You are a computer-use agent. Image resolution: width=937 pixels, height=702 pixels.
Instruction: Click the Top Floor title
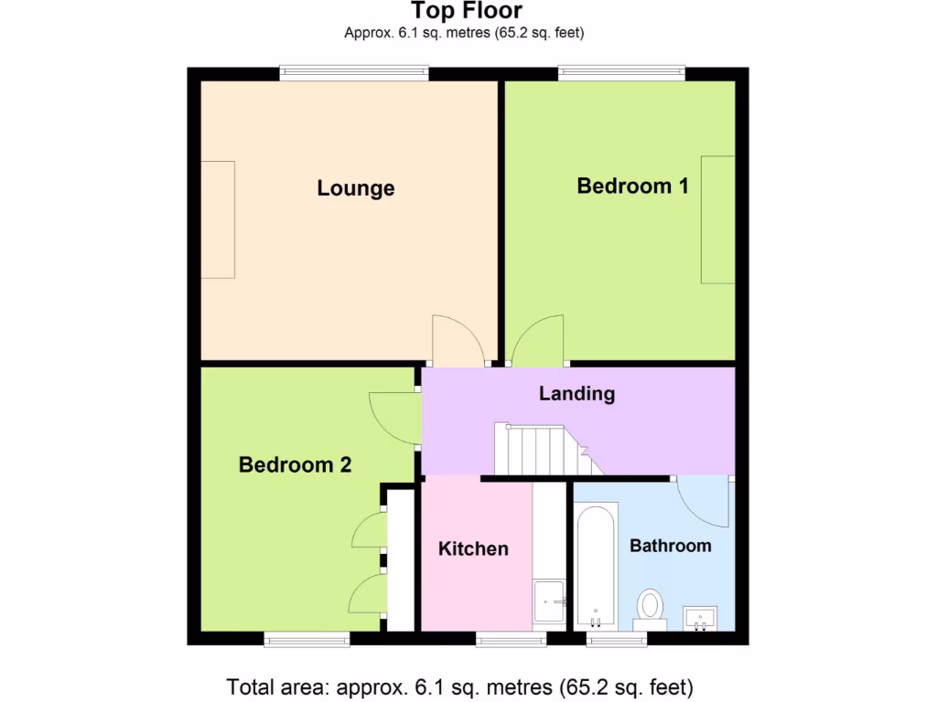tap(467, 12)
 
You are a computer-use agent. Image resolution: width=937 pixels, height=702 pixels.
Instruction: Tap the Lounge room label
tap(356, 188)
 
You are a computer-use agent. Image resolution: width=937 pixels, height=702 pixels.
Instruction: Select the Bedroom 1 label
tap(632, 186)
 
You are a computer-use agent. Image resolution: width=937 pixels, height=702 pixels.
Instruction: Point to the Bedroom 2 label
tap(295, 464)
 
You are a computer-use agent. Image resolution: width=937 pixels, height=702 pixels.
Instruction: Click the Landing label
tap(576, 394)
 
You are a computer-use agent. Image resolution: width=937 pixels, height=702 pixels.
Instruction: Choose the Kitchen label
tap(473, 548)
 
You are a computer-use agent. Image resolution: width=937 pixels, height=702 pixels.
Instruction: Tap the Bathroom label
tap(670, 546)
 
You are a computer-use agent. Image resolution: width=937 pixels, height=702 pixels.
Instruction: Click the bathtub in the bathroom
tap(597, 567)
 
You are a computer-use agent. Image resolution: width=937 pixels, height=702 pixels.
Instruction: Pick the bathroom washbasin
tap(701, 619)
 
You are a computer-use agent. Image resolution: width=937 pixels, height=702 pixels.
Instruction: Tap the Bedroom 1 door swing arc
tap(540, 340)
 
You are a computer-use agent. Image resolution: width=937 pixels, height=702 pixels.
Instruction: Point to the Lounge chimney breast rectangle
tap(218, 219)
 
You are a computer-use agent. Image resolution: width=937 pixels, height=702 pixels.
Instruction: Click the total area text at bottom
tap(459, 686)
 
